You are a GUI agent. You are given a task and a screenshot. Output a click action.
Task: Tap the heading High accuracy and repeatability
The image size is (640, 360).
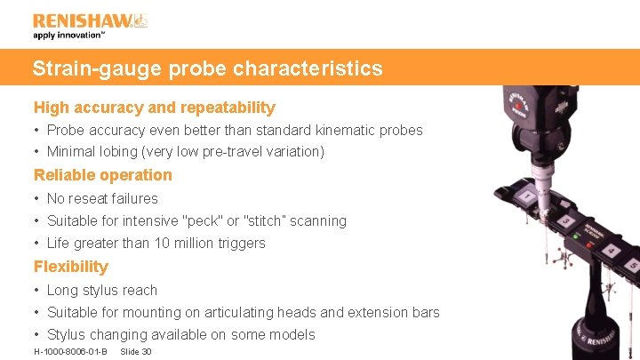tap(155, 108)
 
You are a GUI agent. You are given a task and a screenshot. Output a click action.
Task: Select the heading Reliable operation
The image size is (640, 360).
tap(103, 175)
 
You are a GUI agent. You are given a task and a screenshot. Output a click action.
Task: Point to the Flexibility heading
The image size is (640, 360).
tap(71, 267)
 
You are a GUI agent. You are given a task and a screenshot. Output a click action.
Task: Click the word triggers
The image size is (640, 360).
tap(240, 244)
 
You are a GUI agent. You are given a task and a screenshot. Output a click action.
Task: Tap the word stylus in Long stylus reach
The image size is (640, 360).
tap(102, 291)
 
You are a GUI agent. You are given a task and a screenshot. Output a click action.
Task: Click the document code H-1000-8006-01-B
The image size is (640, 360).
tap(70, 352)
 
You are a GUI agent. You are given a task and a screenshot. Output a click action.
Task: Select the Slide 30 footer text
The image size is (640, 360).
tap(135, 352)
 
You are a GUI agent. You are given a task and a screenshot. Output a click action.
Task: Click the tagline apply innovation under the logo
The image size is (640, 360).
tap(69, 36)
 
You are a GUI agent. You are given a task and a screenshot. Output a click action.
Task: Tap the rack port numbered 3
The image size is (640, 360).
tap(564, 220)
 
